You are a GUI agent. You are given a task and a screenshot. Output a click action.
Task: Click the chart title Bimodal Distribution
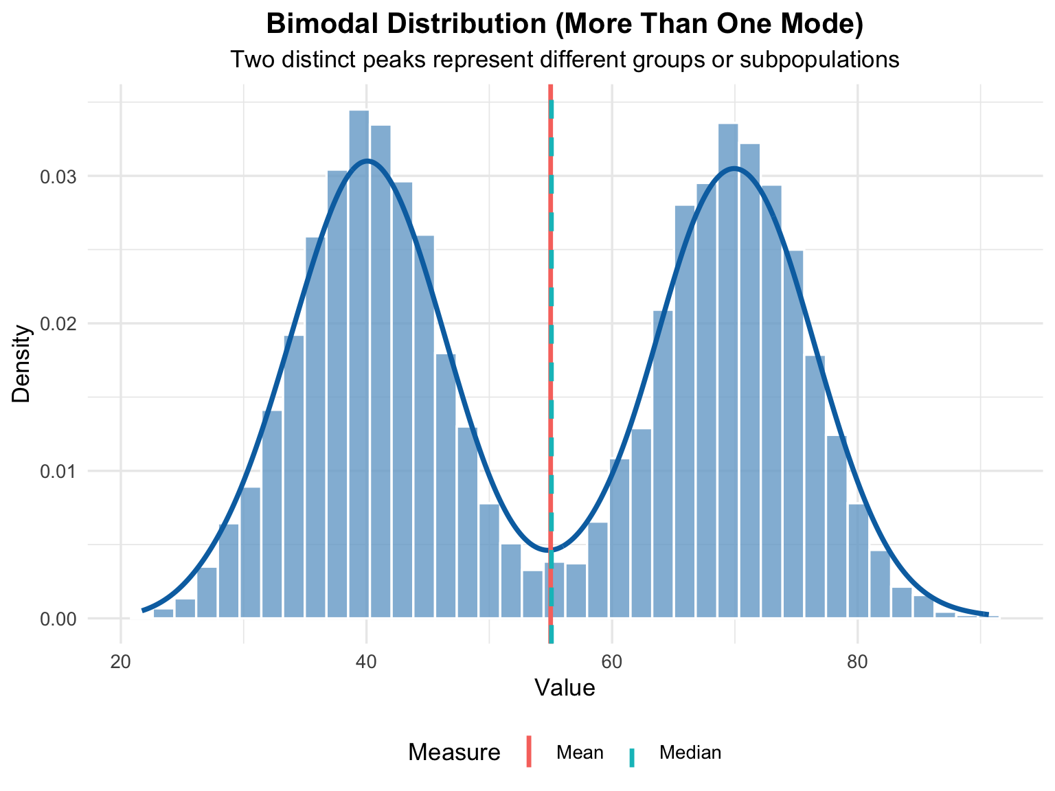[565, 24]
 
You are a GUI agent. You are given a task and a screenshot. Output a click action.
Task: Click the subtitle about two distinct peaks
[565, 60]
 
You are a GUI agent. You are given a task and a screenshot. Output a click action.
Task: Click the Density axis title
[22, 363]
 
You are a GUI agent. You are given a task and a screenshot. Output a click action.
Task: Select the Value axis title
[565, 688]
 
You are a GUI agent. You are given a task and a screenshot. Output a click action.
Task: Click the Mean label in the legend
[580, 753]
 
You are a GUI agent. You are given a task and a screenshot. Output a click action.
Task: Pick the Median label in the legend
[690, 753]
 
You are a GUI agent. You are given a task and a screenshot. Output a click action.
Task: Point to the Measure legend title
[454, 753]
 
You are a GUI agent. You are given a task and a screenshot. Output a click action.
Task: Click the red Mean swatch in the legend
[530, 753]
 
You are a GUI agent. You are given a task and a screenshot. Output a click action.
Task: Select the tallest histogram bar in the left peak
[359, 364]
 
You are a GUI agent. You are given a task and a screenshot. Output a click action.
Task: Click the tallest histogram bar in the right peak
[728, 371]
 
